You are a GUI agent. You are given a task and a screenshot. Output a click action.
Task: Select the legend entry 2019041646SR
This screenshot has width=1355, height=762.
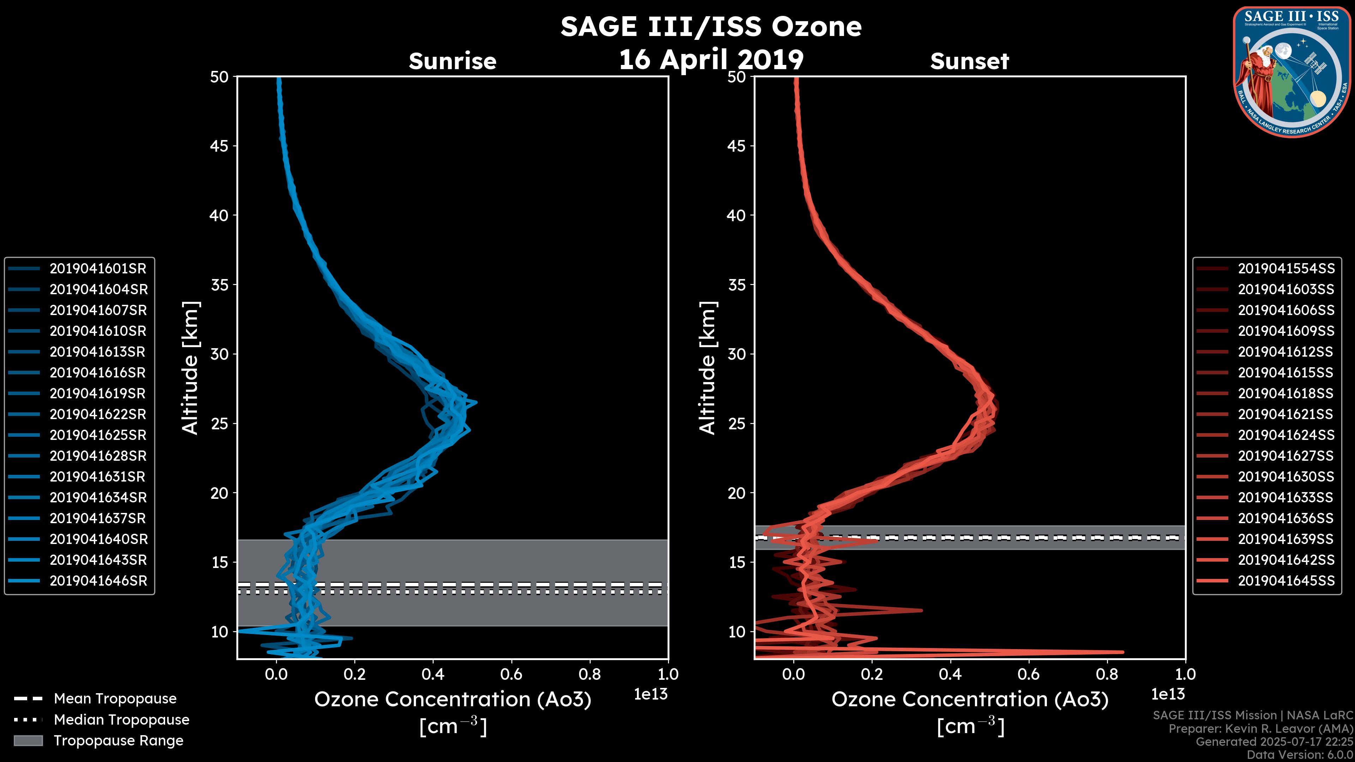click(98, 581)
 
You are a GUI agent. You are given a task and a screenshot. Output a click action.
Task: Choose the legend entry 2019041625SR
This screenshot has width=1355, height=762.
click(98, 435)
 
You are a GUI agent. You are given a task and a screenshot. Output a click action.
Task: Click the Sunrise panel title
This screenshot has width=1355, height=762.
click(452, 61)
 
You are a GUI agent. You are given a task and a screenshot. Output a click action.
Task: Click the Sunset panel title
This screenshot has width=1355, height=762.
click(969, 61)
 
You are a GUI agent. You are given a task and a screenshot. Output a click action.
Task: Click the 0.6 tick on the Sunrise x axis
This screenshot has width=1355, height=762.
click(511, 674)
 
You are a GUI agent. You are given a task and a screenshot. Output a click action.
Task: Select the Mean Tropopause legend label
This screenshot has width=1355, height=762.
click(115, 699)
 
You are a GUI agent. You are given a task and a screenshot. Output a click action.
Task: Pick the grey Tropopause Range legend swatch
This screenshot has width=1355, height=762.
click(28, 741)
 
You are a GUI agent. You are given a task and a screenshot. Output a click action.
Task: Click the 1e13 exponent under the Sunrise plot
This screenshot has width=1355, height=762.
click(651, 695)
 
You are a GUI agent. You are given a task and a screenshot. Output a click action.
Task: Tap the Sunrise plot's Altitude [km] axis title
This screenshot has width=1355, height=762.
click(190, 368)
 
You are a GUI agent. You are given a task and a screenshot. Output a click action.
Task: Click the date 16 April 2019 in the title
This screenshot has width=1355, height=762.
click(711, 59)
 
